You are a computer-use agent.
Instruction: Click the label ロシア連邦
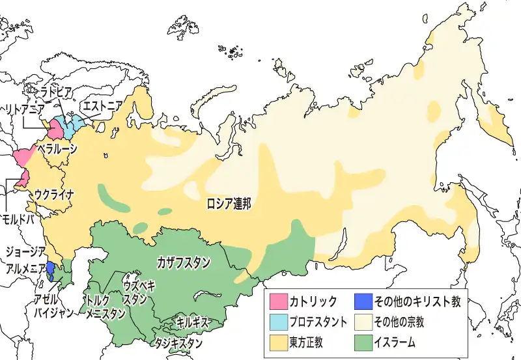coord(228,202)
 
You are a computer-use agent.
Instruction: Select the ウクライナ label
coord(55,193)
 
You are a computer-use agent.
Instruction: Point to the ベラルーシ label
coord(57,148)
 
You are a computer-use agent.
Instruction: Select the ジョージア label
coord(24,251)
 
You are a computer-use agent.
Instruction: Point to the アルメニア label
coord(24,267)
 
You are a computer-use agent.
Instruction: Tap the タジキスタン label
coord(178,342)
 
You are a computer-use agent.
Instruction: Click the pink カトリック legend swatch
coord(279,301)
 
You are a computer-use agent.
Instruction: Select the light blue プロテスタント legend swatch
coord(279,321)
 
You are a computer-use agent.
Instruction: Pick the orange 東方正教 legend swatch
coord(279,340)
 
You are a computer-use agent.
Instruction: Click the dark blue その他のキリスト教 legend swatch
coord(362,301)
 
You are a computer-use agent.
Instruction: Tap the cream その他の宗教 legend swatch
coord(362,321)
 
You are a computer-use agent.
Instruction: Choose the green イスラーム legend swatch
coord(362,340)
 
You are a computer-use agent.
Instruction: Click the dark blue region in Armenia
coord(50,270)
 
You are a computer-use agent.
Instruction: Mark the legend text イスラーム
coord(395,340)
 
